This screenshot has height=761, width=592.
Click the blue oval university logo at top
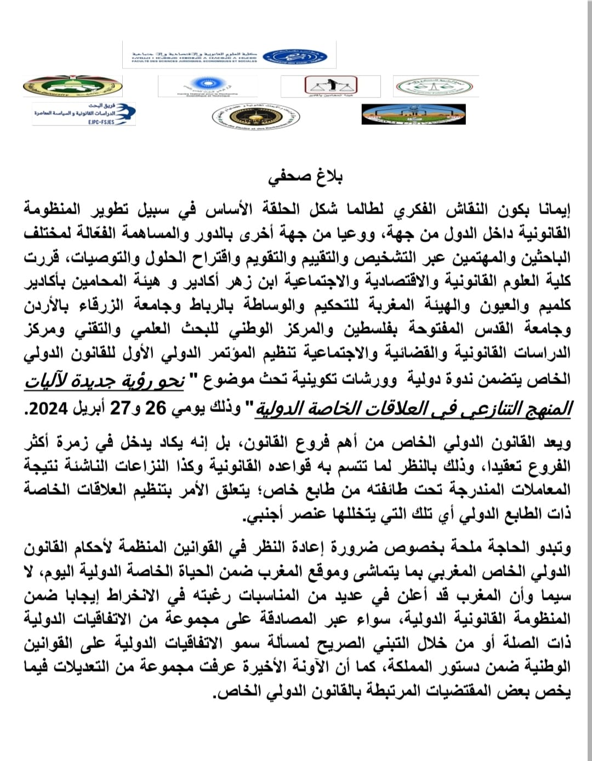pos(295,56)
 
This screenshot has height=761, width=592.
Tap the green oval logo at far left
pos(72,86)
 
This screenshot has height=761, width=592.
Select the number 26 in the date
pos(155,409)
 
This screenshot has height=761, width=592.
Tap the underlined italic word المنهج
pos(545,409)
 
